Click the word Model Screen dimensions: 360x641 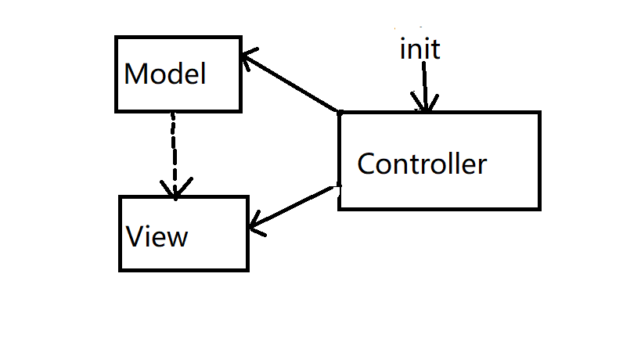click(x=165, y=74)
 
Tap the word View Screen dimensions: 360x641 click(x=157, y=236)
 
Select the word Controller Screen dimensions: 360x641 click(x=421, y=164)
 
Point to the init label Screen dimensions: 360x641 click(x=420, y=49)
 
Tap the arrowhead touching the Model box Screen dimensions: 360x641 click(x=249, y=57)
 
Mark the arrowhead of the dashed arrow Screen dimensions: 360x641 click(x=175, y=189)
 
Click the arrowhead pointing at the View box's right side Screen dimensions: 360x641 click(x=255, y=227)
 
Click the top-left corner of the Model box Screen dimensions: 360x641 click(x=116, y=37)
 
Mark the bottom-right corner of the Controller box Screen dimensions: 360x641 click(x=539, y=208)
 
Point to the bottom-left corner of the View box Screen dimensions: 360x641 click(x=120, y=270)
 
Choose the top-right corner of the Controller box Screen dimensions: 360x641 click(x=539, y=113)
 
